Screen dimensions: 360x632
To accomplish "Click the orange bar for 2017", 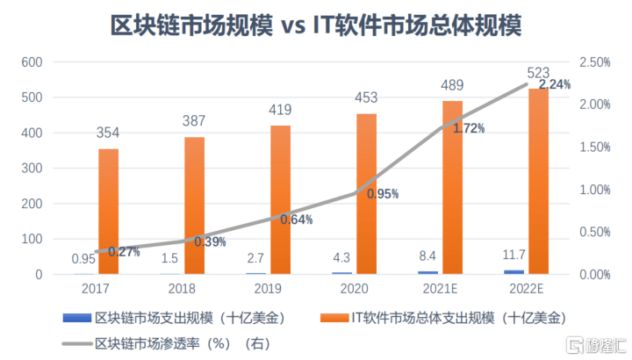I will tap(108, 212).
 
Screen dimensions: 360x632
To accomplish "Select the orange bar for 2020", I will tap(367, 194).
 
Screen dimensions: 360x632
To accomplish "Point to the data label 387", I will tap(194, 122).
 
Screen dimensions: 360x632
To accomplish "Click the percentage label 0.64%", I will tap(297, 220).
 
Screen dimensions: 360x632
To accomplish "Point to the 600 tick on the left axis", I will tap(32, 62).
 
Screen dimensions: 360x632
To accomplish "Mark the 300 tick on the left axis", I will tap(32, 169).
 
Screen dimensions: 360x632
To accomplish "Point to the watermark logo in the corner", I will tap(575, 342).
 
